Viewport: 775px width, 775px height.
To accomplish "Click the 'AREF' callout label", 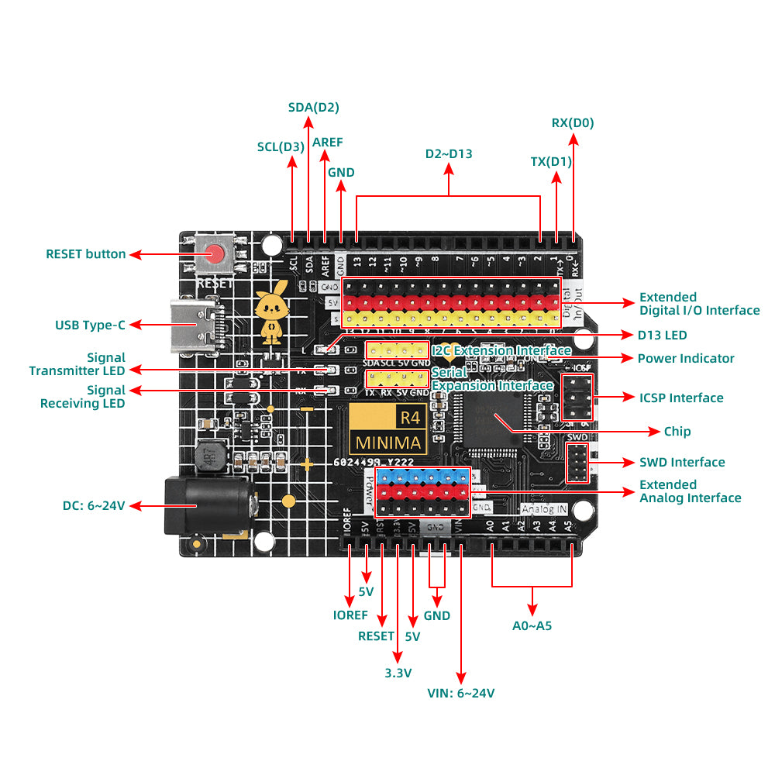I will (327, 143).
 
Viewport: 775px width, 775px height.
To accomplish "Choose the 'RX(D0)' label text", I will (573, 122).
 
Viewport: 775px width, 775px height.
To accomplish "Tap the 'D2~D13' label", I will (449, 153).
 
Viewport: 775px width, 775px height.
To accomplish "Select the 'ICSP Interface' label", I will (681, 398).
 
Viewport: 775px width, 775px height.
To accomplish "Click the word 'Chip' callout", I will (677, 431).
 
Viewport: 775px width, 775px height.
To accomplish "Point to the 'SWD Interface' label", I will (682, 462).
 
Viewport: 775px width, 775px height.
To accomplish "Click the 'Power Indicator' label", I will (686, 358).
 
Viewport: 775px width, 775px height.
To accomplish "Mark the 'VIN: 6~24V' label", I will (461, 693).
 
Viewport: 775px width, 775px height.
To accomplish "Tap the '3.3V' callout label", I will (398, 673).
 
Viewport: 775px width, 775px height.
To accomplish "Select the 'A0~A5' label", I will (532, 625).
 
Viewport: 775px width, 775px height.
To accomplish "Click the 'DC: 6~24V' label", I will (94, 505).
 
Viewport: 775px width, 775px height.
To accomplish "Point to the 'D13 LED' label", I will (663, 335).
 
